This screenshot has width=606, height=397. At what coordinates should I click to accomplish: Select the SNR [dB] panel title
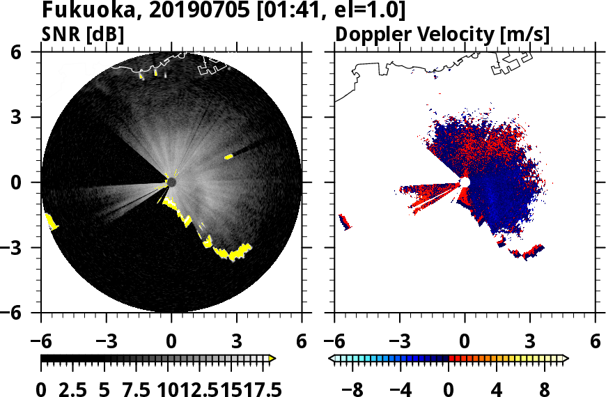coord(84,34)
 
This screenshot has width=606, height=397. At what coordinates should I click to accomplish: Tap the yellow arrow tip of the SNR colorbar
coord(272,359)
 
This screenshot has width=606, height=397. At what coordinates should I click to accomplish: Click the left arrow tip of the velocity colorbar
coord(332,359)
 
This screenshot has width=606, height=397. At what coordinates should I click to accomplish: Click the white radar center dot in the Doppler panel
coord(465,182)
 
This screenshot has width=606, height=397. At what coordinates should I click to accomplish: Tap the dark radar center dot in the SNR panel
coord(171,182)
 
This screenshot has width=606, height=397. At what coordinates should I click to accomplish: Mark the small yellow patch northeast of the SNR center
coord(228,157)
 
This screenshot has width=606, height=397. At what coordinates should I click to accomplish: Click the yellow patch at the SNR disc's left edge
coord(52,222)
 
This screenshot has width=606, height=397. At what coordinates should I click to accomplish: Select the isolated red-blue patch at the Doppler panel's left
coord(344,221)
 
